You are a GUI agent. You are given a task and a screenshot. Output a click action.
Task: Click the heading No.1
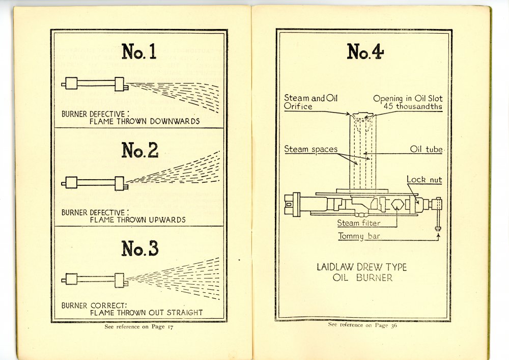[x=139, y=51]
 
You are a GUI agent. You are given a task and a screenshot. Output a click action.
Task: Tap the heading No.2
[x=139, y=150]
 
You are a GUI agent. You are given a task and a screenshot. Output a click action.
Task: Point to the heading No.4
[x=365, y=51]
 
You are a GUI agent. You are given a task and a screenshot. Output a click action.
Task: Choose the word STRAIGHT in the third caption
[x=184, y=313]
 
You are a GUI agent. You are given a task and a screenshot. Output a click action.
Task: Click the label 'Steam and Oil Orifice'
[x=304, y=102]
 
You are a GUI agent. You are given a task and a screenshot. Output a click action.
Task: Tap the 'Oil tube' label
[x=426, y=149]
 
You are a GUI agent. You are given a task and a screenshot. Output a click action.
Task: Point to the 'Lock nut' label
[x=424, y=180]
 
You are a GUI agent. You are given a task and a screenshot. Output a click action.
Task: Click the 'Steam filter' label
[x=358, y=223]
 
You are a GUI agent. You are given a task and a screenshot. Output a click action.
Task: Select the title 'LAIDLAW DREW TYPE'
[x=361, y=267]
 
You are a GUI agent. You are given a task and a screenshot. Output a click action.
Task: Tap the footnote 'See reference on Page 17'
[x=138, y=327]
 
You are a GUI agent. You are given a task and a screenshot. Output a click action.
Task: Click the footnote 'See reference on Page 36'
[x=362, y=324]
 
